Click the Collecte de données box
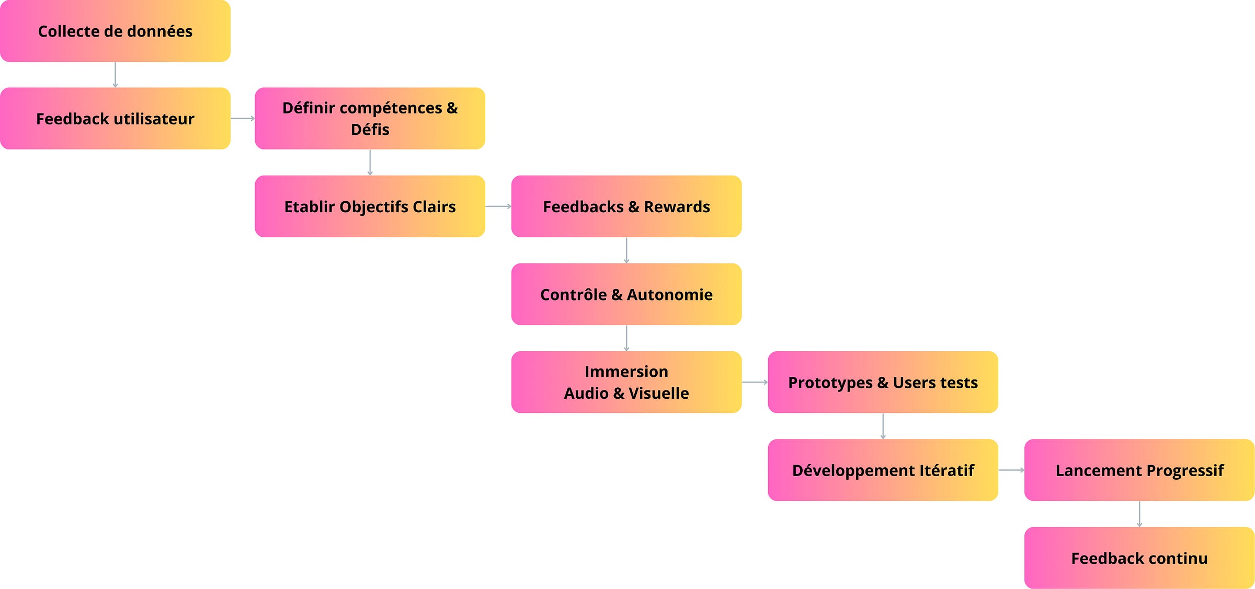(x=115, y=31)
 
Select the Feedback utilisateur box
(x=115, y=119)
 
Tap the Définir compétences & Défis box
(x=370, y=119)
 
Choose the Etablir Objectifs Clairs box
(x=370, y=206)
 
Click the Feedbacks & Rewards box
(x=626, y=206)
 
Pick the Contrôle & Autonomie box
(x=626, y=294)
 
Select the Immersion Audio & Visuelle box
(x=626, y=382)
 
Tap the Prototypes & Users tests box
(x=883, y=382)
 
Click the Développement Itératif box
(x=883, y=470)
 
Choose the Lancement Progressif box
(x=1139, y=470)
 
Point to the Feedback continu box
(x=1139, y=558)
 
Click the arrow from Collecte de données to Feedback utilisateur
(x=115, y=75)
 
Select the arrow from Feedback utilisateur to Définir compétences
(x=243, y=119)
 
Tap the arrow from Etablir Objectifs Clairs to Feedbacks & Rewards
(x=498, y=206)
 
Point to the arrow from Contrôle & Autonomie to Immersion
(x=626, y=338)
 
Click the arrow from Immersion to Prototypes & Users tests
(x=755, y=382)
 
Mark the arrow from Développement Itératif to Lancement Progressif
(x=1011, y=470)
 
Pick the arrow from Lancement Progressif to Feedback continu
(x=1139, y=514)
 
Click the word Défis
(x=370, y=130)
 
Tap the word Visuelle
(x=658, y=393)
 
